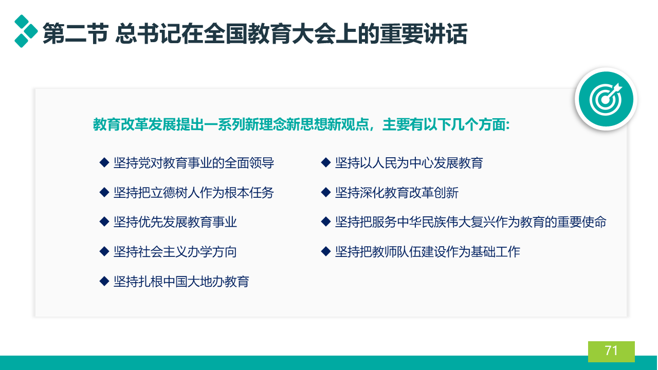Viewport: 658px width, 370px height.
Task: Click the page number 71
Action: [611, 350]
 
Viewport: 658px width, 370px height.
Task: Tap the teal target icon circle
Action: [606, 99]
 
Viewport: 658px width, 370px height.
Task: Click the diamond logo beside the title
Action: [26, 31]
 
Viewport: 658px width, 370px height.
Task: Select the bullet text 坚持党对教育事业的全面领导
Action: [194, 163]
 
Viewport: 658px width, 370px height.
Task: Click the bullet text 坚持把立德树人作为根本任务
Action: [194, 193]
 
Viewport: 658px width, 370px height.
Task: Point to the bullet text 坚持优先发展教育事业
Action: [175, 222]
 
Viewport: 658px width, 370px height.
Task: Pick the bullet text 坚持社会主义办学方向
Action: [175, 252]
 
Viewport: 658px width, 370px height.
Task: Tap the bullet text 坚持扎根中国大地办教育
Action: [181, 282]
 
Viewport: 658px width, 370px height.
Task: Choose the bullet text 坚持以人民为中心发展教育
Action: [409, 163]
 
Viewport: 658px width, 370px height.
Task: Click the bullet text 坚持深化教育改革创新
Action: [397, 193]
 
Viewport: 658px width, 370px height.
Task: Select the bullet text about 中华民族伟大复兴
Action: [471, 222]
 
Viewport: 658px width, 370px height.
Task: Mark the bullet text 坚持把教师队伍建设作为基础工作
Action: [428, 252]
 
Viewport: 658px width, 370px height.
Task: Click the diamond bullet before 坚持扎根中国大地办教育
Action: [104, 281]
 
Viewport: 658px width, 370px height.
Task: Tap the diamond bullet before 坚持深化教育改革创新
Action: [326, 192]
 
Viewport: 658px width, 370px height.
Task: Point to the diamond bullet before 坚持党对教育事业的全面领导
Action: [104, 163]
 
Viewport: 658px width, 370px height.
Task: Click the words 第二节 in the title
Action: [76, 34]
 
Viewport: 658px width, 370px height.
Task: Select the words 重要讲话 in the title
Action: [423, 34]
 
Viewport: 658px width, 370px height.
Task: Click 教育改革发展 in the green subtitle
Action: [135, 124]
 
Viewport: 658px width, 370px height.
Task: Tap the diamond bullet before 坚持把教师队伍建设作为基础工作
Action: [326, 252]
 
